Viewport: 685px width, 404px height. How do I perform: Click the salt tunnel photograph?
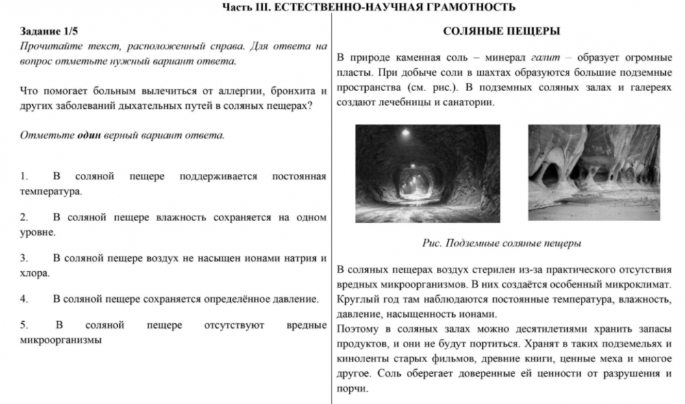[427, 173]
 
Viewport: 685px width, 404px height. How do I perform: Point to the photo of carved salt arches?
[594, 173]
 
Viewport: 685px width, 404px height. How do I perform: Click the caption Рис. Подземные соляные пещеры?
[501, 243]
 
